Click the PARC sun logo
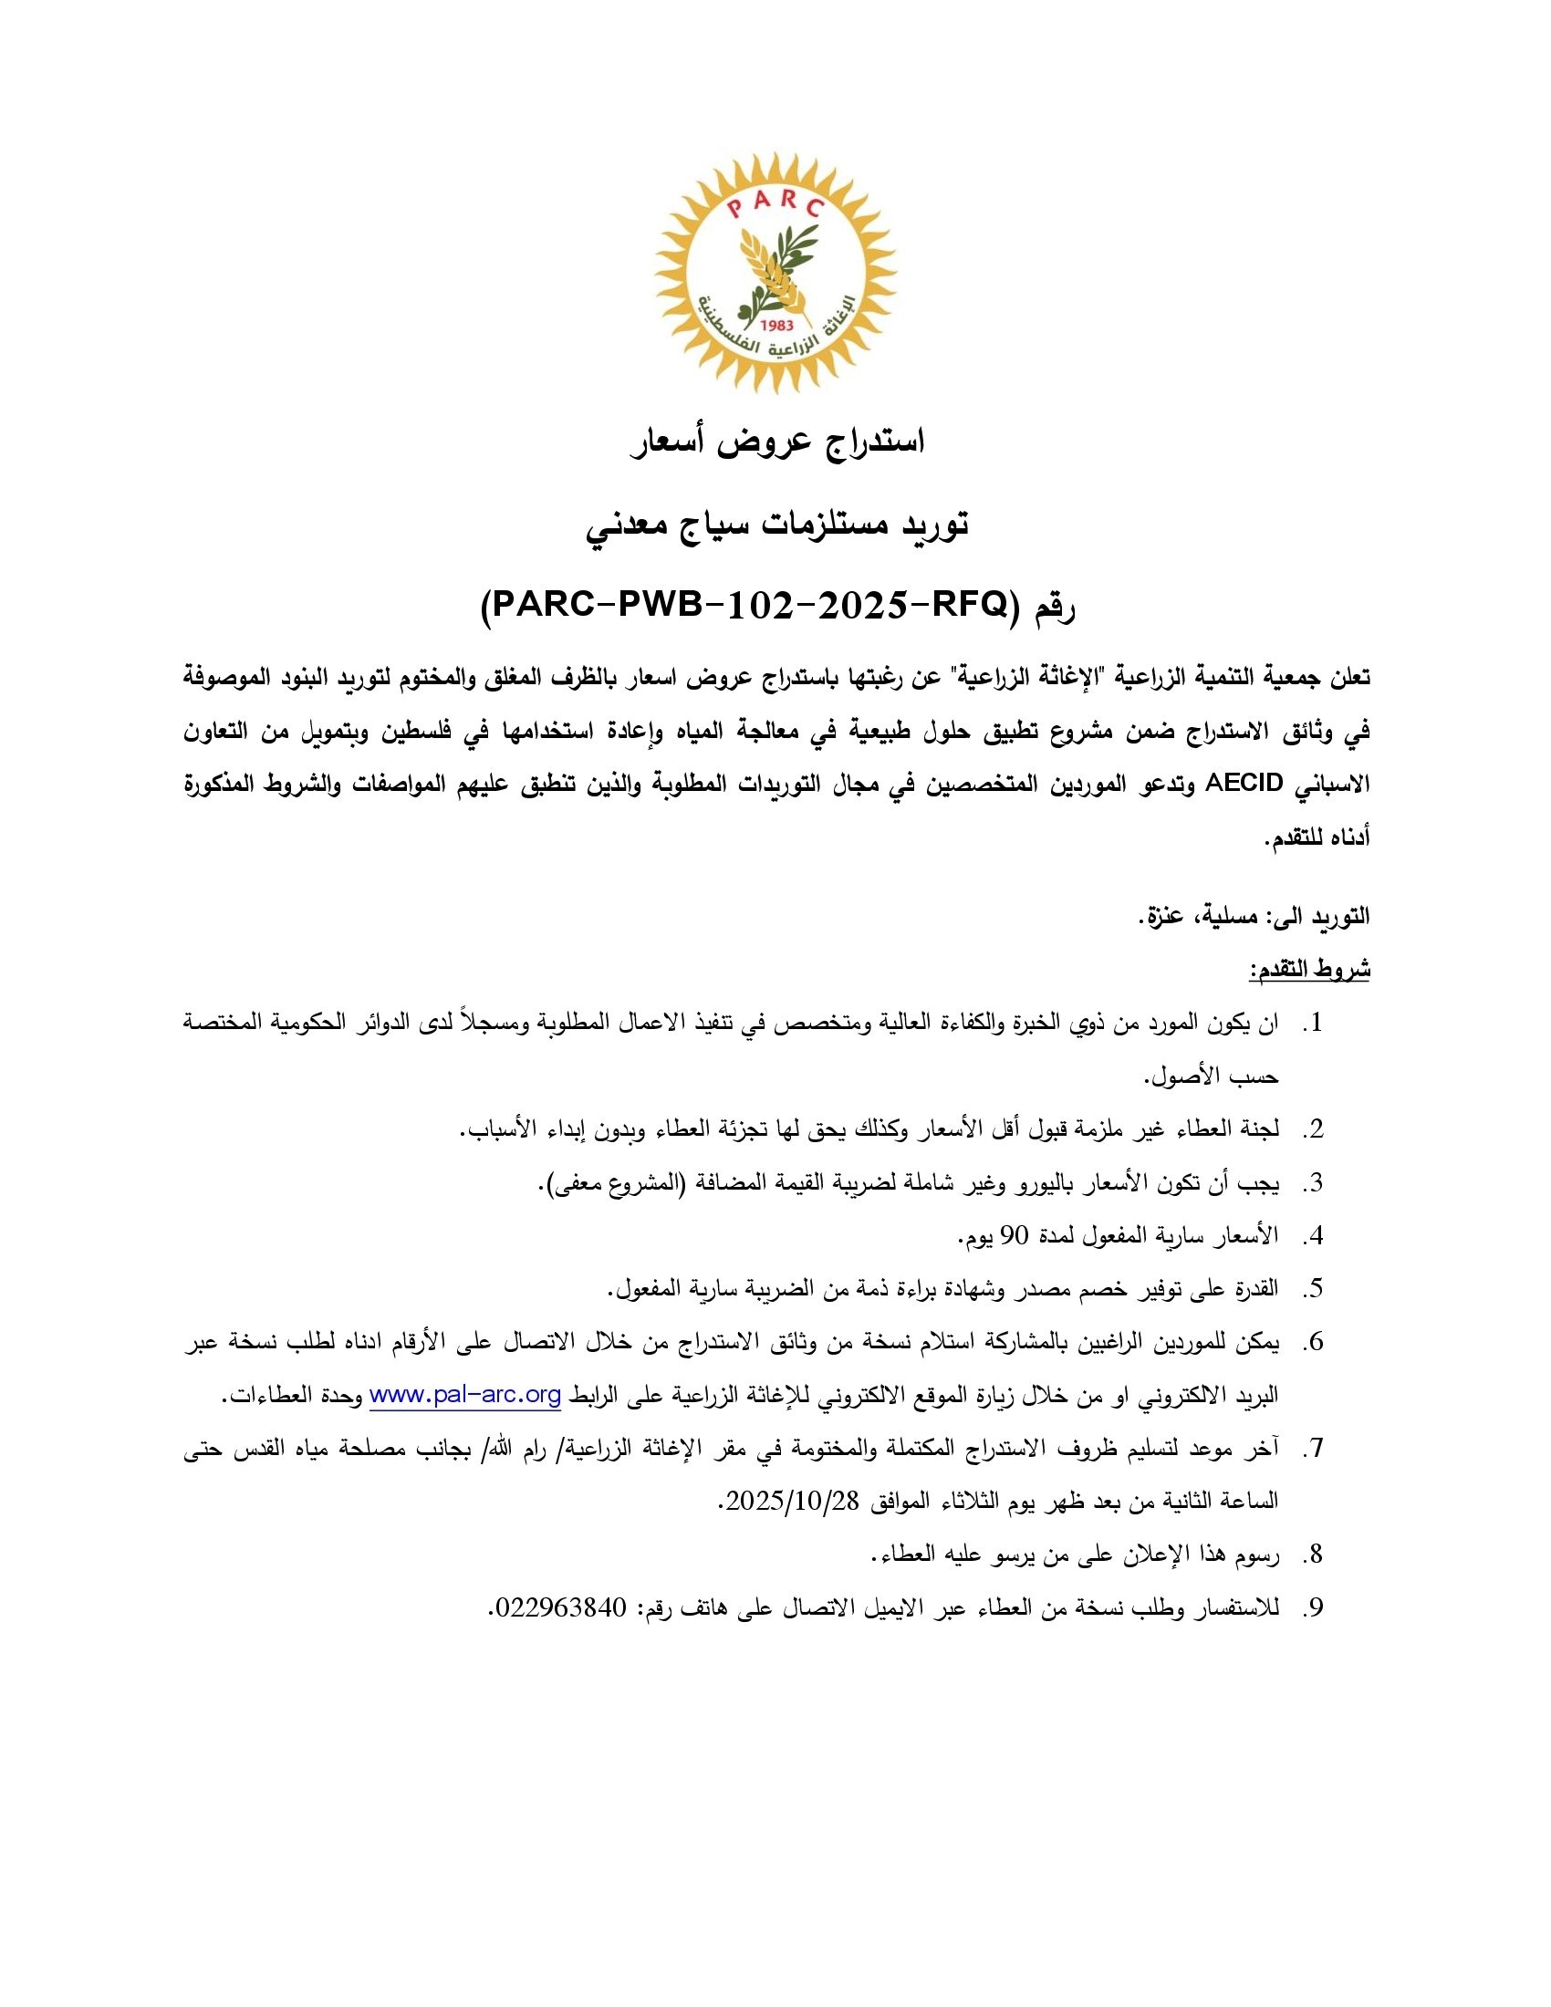[775, 273]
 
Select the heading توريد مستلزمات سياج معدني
[777, 525]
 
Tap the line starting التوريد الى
[1254, 916]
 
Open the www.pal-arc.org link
[465, 1396]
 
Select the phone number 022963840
[560, 1607]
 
